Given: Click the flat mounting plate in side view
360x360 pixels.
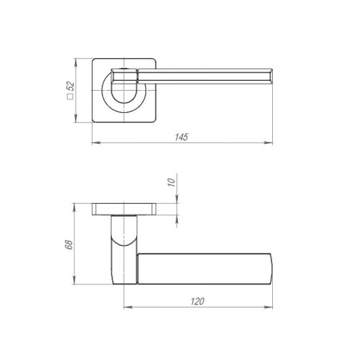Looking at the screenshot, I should (x=126, y=210).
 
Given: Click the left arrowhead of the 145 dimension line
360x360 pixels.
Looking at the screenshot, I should (x=94, y=145).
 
